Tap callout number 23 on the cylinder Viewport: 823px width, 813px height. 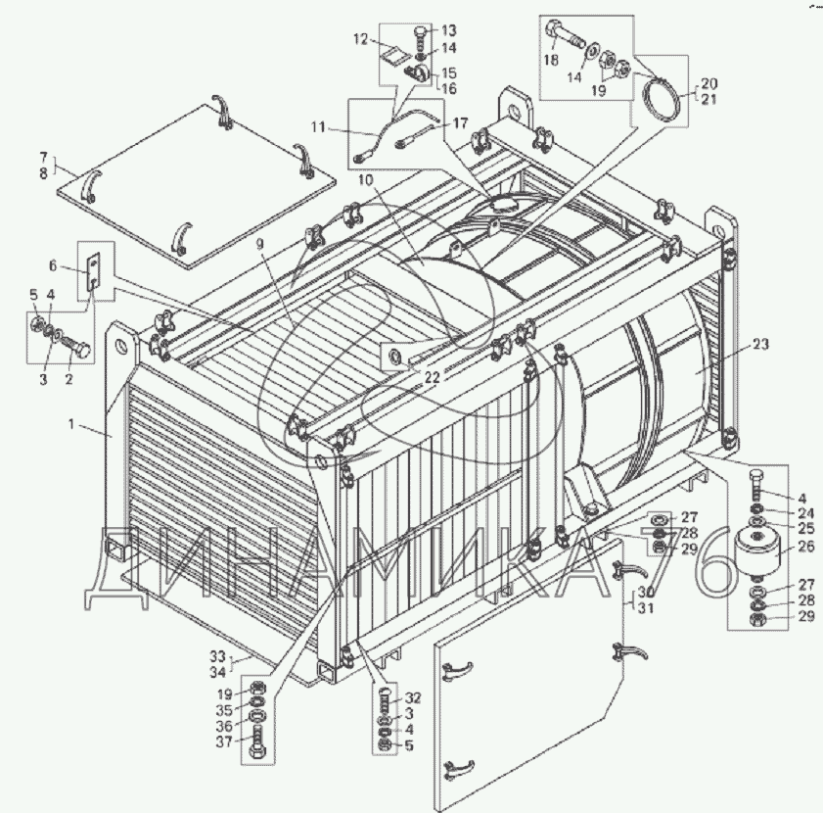tap(762, 344)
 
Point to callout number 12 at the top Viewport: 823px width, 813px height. tap(360, 40)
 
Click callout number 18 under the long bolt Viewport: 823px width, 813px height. tap(551, 61)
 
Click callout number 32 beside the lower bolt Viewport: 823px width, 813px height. tap(412, 698)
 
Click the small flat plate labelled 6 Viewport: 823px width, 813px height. tap(93, 270)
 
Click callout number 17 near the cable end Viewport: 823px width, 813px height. tap(460, 123)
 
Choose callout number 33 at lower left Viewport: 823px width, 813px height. tap(216, 656)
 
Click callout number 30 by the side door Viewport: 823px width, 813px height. tap(645, 593)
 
